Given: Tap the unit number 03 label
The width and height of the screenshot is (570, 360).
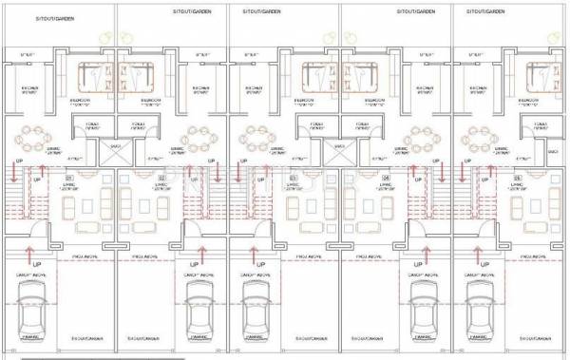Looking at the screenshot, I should point(293,178).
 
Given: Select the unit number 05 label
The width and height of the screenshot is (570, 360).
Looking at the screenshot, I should point(518,178).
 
